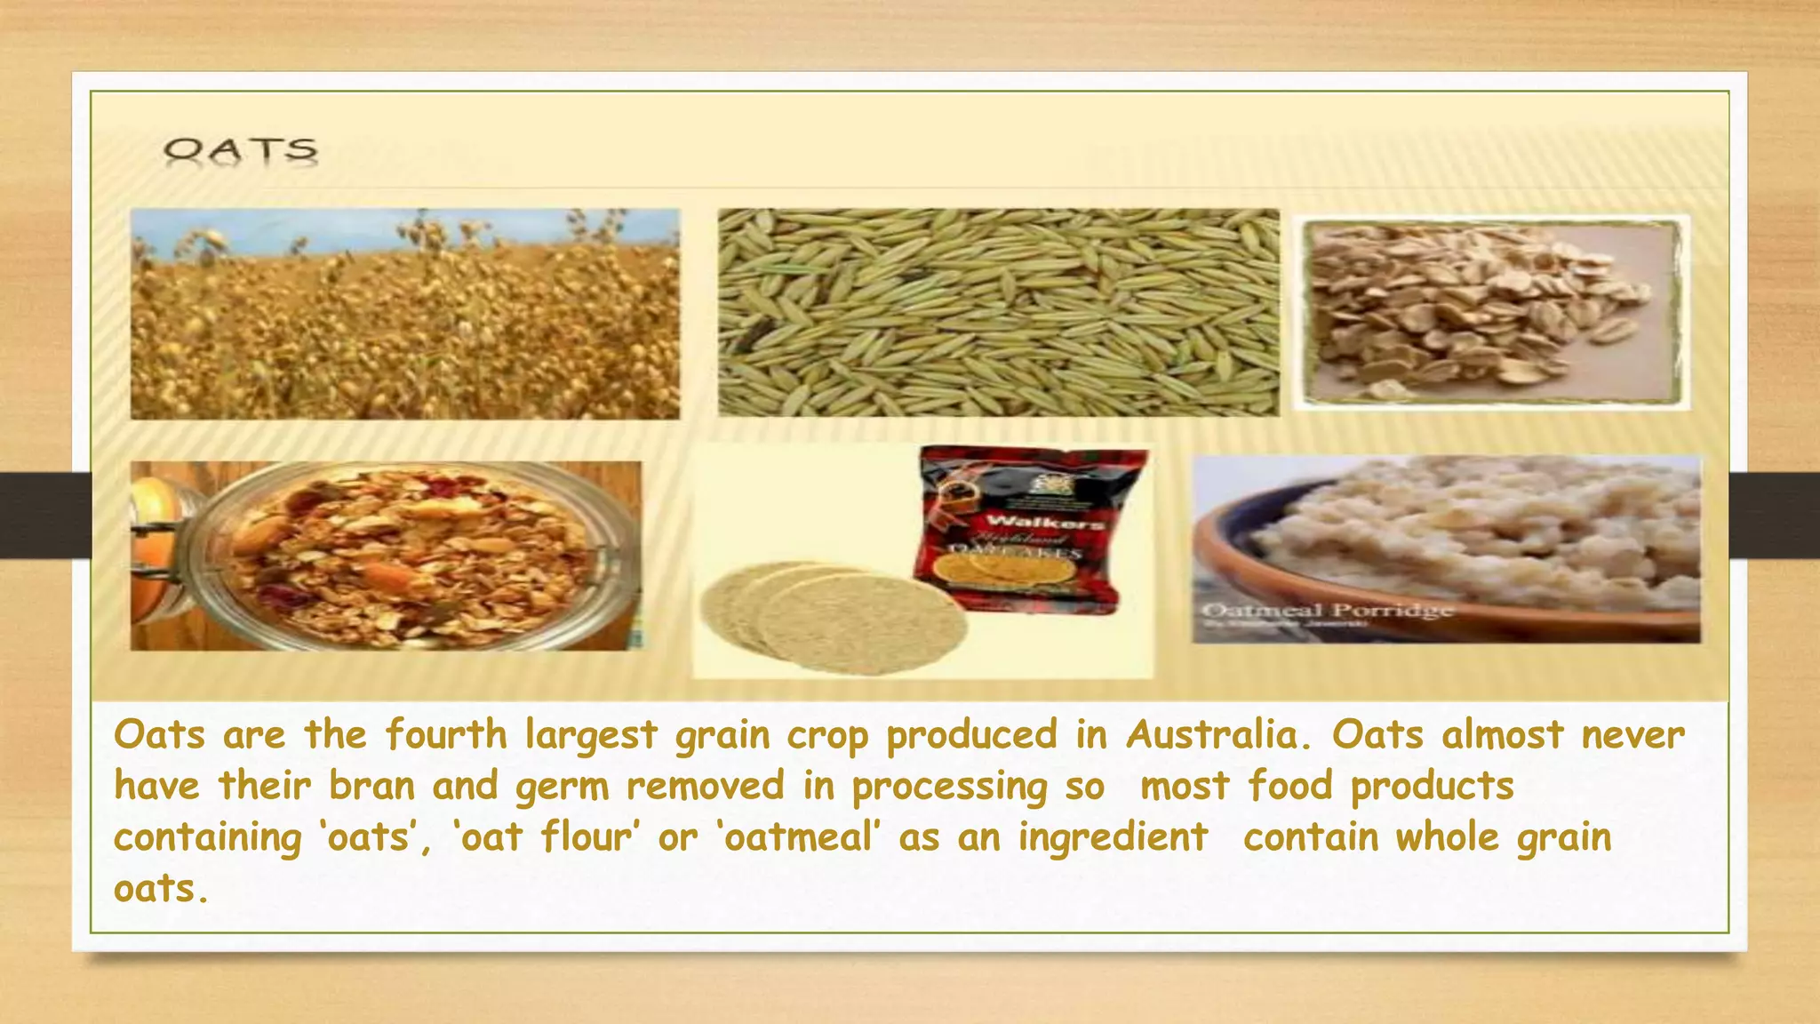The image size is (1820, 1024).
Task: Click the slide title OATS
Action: tap(240, 151)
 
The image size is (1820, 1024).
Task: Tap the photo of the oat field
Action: tap(405, 314)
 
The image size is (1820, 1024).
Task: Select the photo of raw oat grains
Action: tap(998, 313)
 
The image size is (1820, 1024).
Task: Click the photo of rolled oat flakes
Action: tap(1490, 313)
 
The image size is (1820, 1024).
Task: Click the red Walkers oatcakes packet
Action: tap(1031, 529)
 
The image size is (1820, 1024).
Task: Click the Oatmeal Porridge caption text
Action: tap(1328, 611)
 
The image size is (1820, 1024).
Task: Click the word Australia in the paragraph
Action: tap(1218, 735)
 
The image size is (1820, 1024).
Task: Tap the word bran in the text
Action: tap(371, 786)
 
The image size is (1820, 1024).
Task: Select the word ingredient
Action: tap(1113, 838)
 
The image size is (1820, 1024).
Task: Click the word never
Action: tap(1632, 735)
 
